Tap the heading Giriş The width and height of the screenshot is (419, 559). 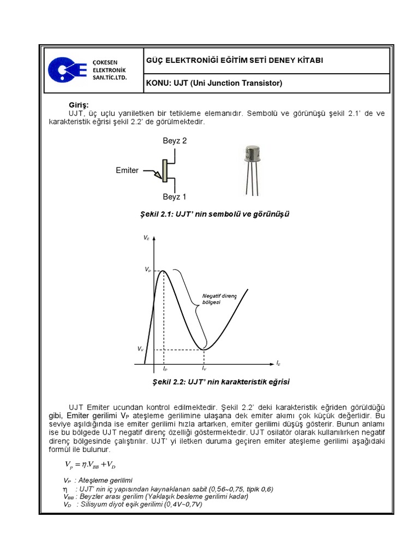pyautogui.click(x=78, y=105)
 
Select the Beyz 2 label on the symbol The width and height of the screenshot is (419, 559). pyautogui.click(x=175, y=141)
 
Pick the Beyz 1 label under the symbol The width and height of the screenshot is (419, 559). pyautogui.click(x=175, y=197)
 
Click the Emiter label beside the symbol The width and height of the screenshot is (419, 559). pyautogui.click(x=127, y=170)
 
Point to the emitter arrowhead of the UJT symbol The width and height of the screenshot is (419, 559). pyautogui.click(x=158, y=175)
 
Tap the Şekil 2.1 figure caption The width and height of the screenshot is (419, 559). pyautogui.click(x=214, y=214)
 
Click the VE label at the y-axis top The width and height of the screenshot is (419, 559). pyautogui.click(x=147, y=238)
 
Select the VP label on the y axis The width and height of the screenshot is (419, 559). pyautogui.click(x=147, y=270)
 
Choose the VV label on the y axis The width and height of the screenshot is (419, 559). pyautogui.click(x=141, y=348)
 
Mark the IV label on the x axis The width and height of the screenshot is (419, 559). pyautogui.click(x=204, y=369)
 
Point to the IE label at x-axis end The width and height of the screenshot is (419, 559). pyautogui.click(x=278, y=362)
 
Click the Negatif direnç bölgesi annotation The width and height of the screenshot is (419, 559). pyautogui.click(x=218, y=299)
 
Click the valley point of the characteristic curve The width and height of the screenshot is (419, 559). pyautogui.click(x=205, y=349)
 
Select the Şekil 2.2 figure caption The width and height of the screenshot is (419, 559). pyautogui.click(x=214, y=382)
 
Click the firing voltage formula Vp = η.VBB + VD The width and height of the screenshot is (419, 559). pyautogui.click(x=89, y=465)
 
